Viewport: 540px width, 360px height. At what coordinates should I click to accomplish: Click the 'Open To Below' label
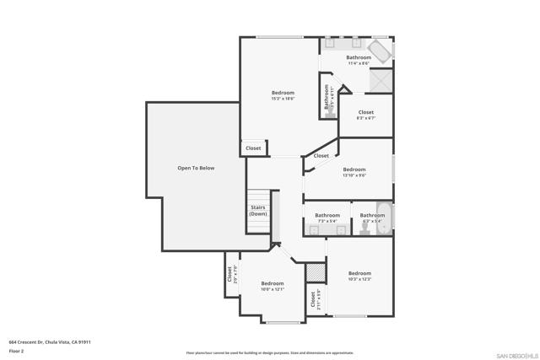[x=196, y=169]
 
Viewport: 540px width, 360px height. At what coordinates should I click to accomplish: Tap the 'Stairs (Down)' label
[x=257, y=211]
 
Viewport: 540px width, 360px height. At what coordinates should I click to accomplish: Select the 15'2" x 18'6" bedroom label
[x=283, y=95]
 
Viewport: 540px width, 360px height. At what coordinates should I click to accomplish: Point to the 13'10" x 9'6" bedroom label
[x=354, y=172]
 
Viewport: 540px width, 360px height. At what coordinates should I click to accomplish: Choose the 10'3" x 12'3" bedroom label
[x=359, y=276]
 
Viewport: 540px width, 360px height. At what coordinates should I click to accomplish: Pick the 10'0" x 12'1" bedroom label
[x=272, y=286]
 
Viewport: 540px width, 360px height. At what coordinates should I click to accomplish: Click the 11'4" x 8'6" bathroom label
[x=359, y=60]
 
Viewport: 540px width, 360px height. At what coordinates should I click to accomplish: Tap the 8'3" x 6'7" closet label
[x=365, y=115]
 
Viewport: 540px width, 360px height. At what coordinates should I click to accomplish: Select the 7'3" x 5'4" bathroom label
[x=327, y=218]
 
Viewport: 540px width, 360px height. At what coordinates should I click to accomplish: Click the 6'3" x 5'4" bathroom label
[x=372, y=218]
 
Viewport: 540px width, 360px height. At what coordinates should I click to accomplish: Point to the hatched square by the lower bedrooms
[x=315, y=271]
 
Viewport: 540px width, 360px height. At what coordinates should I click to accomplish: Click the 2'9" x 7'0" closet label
[x=230, y=275]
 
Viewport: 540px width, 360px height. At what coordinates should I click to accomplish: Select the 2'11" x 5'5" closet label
[x=314, y=299]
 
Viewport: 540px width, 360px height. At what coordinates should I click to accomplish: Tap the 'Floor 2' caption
[x=16, y=351]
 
